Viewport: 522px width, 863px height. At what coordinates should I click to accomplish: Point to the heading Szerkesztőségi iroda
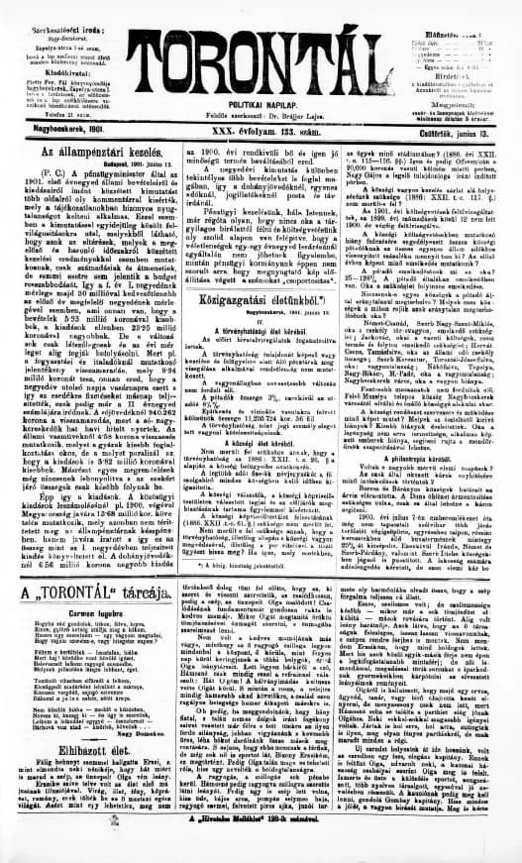click(x=47, y=8)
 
